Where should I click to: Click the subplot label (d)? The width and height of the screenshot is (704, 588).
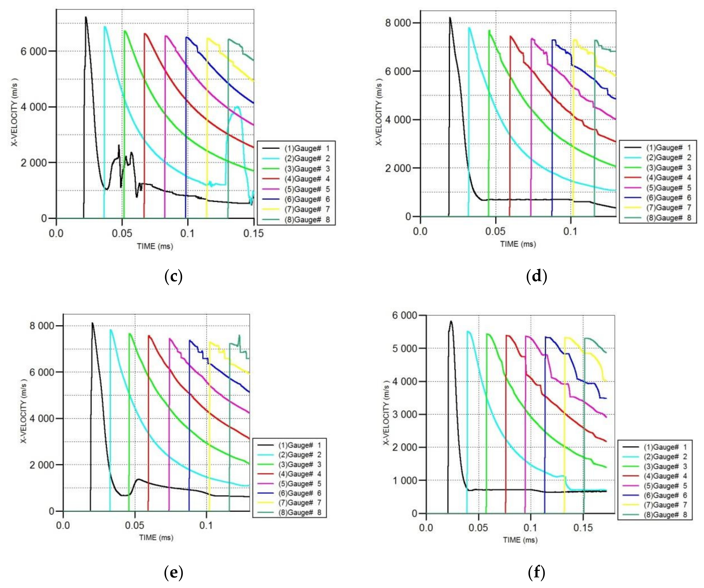537,277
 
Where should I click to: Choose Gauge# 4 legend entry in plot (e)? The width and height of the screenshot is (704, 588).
299,474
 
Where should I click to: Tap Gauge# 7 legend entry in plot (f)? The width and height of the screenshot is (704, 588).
665,505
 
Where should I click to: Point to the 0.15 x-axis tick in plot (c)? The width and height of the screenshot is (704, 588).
254,233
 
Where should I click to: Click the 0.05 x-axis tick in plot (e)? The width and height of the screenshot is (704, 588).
135,525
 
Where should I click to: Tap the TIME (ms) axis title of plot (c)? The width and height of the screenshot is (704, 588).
155,247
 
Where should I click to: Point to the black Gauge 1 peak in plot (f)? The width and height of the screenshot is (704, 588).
451,321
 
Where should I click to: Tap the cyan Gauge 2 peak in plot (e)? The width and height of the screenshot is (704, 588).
111,330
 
